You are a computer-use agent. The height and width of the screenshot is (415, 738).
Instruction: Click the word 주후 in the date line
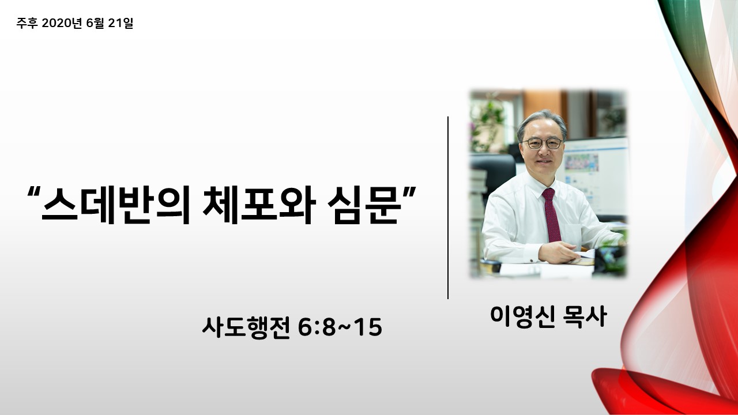coord(27,23)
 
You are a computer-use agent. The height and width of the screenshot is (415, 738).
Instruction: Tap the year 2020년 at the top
coord(62,23)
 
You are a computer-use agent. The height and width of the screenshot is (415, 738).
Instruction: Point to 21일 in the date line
coord(121,23)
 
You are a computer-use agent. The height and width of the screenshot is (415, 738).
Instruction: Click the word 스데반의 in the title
coord(116,205)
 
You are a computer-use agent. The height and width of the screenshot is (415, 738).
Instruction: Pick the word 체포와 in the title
coord(259,205)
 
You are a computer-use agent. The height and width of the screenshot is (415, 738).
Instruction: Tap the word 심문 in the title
coord(365,205)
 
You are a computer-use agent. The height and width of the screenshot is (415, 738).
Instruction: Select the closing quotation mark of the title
coord(410,193)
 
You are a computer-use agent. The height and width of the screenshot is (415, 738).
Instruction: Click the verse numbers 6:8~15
coord(340,327)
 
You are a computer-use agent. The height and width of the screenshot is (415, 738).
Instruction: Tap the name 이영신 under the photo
coord(522,316)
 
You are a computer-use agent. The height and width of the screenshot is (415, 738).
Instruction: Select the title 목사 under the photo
coord(585,316)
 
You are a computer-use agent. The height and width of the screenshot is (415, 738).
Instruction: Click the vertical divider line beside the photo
coord(448,207)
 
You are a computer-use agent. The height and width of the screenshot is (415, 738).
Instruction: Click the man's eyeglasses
coord(542,144)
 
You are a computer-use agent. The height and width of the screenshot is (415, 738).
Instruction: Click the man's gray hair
coord(542,120)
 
